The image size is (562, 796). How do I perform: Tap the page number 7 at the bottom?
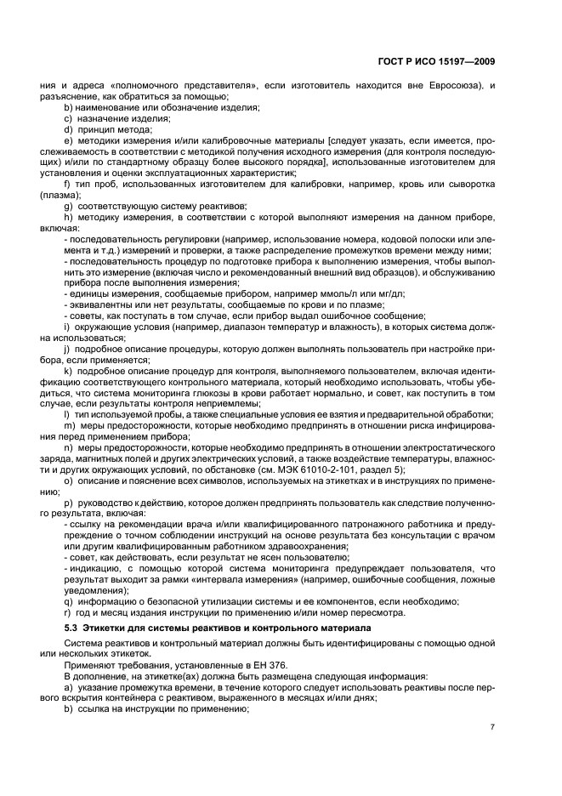[x=493, y=726]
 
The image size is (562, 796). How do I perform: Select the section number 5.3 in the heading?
[x=71, y=628]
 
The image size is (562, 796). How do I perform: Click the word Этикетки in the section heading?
[x=105, y=628]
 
